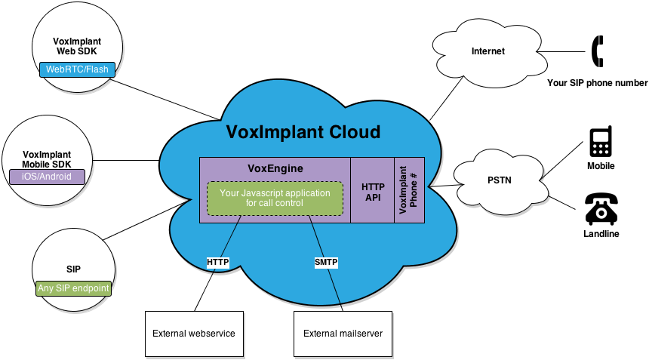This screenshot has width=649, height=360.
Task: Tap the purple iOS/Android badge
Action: click(x=47, y=177)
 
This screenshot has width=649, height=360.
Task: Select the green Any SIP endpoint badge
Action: click(x=73, y=288)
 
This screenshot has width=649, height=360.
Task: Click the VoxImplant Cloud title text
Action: click(x=303, y=133)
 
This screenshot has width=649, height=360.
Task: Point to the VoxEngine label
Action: click(x=275, y=168)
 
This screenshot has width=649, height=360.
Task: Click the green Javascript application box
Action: click(x=274, y=198)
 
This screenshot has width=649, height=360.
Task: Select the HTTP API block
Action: click(x=373, y=191)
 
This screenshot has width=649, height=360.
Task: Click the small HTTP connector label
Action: click(x=217, y=262)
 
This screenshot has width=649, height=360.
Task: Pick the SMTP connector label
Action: click(x=326, y=262)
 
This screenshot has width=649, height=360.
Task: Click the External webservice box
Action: click(x=193, y=333)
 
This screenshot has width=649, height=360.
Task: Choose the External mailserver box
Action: click(x=343, y=333)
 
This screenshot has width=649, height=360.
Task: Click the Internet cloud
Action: click(x=487, y=51)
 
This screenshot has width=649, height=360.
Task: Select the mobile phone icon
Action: click(x=601, y=141)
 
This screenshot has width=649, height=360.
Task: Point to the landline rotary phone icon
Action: click(x=601, y=209)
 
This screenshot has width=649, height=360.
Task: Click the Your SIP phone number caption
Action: click(x=597, y=82)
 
